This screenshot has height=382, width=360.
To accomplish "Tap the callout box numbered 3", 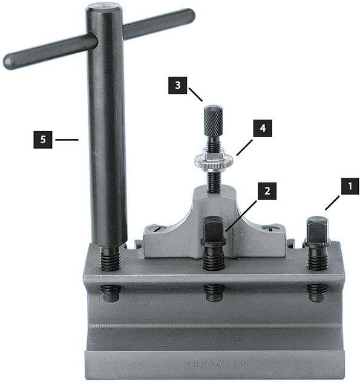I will click(177, 86).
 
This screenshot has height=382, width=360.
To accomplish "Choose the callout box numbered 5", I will click(41, 140).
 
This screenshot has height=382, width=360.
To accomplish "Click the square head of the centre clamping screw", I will click(214, 231).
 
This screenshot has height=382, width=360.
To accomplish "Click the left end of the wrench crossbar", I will click(11, 62).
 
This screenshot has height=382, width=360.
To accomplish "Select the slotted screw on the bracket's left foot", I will click(156, 228).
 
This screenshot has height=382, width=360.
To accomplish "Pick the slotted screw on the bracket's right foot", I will click(270, 228).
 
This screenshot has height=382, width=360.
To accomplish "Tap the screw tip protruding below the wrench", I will click(110, 293).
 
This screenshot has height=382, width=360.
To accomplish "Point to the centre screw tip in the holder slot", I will click(214, 292).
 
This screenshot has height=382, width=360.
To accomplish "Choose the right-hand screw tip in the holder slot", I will click(317, 291).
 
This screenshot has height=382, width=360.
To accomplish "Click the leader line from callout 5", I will click(67, 140).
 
